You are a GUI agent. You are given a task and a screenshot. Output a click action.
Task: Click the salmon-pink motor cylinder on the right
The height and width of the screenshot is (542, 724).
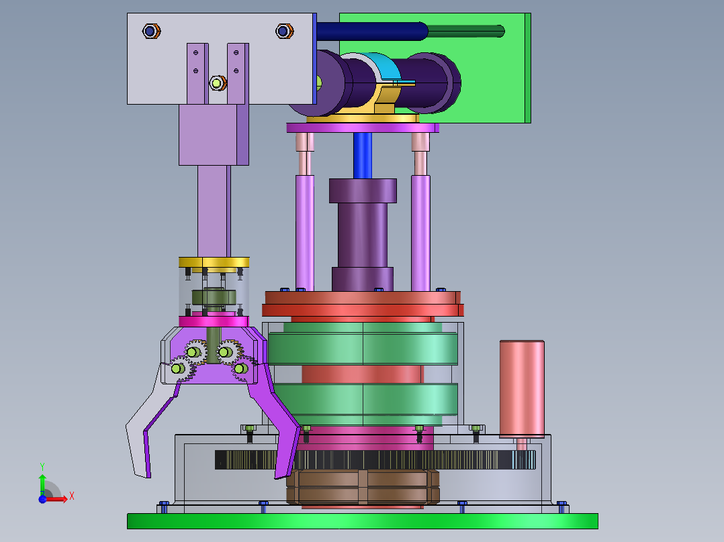[522, 389]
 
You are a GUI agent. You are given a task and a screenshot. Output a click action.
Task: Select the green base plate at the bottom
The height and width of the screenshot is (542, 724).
[363, 521]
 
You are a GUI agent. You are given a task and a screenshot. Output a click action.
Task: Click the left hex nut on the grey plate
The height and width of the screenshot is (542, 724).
[151, 32]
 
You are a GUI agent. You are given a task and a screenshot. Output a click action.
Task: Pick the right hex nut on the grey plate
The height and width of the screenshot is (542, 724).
[285, 32]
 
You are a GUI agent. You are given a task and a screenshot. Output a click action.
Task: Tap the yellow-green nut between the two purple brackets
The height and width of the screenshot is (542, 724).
[218, 83]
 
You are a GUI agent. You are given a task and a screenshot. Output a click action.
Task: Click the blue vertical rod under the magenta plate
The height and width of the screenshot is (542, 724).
[363, 156]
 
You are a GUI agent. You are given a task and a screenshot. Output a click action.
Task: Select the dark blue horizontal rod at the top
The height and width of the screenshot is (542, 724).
[371, 32]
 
